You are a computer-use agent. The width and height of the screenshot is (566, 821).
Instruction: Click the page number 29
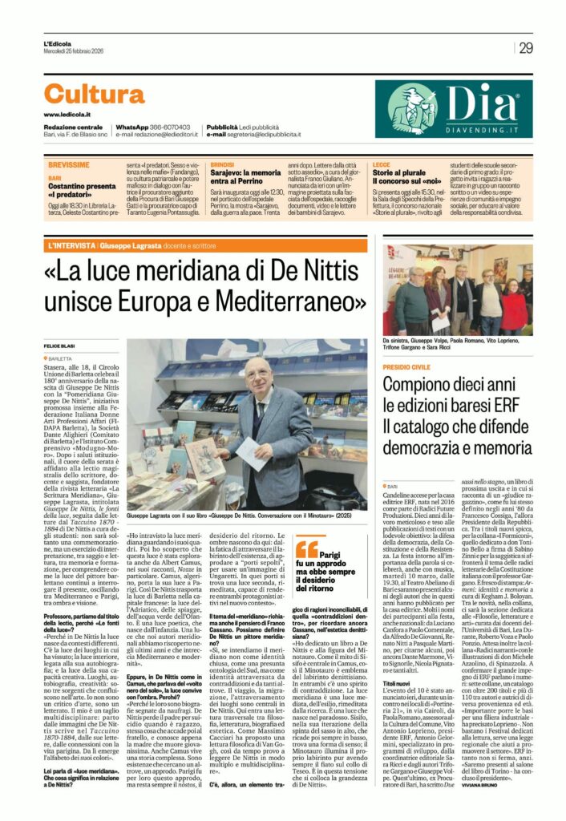pos(526,47)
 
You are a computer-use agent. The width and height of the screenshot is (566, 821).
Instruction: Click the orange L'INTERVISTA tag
pos(71,243)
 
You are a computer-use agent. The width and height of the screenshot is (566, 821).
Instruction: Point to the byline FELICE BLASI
pos(59,345)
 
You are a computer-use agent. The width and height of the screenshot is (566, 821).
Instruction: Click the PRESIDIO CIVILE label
pos(406,365)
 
